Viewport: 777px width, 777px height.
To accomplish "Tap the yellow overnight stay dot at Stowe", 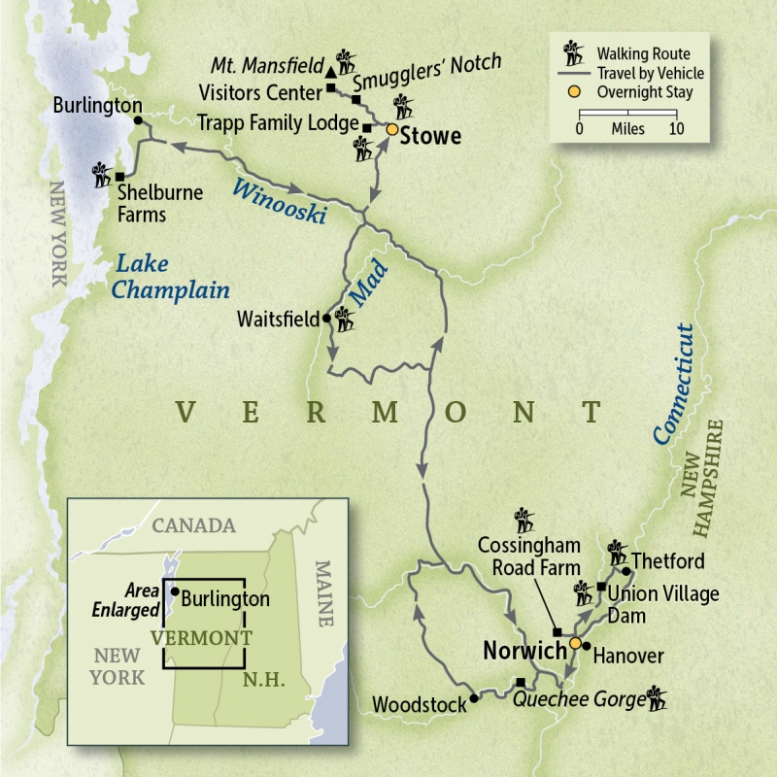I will (392, 129).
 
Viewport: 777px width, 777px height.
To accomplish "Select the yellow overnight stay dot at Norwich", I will (574, 643).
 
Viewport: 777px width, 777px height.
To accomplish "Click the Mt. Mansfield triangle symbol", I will (331, 73).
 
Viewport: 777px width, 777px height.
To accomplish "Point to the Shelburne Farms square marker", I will (119, 177).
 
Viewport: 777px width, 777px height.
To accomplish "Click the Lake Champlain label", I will (171, 277).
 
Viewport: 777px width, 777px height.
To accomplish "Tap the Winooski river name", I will (277, 202).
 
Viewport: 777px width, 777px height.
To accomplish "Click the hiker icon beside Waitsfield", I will (345, 317).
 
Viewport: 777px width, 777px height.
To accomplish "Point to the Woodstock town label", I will (420, 704).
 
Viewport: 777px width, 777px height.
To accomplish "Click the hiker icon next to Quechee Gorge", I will (658, 696).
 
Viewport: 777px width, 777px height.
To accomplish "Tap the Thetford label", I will (667, 561).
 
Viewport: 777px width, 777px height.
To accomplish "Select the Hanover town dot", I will (587, 646).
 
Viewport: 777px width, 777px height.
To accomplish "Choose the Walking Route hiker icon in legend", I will (573, 53).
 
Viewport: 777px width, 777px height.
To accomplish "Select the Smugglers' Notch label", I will (427, 74).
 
